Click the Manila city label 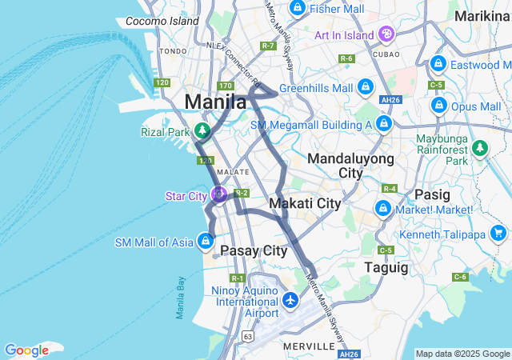(x=215, y=102)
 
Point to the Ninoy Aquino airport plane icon (x=290, y=302)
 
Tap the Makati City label (x=305, y=203)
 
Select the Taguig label (x=386, y=266)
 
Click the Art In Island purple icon (x=386, y=34)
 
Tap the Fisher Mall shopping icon (x=298, y=8)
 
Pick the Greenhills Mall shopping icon (x=365, y=86)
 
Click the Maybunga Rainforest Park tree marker (x=480, y=147)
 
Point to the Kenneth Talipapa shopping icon (x=499, y=233)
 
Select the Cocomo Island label (x=162, y=21)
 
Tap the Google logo (x=26, y=350)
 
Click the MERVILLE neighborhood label (x=309, y=346)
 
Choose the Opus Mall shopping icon (x=438, y=105)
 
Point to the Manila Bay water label (x=181, y=298)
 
